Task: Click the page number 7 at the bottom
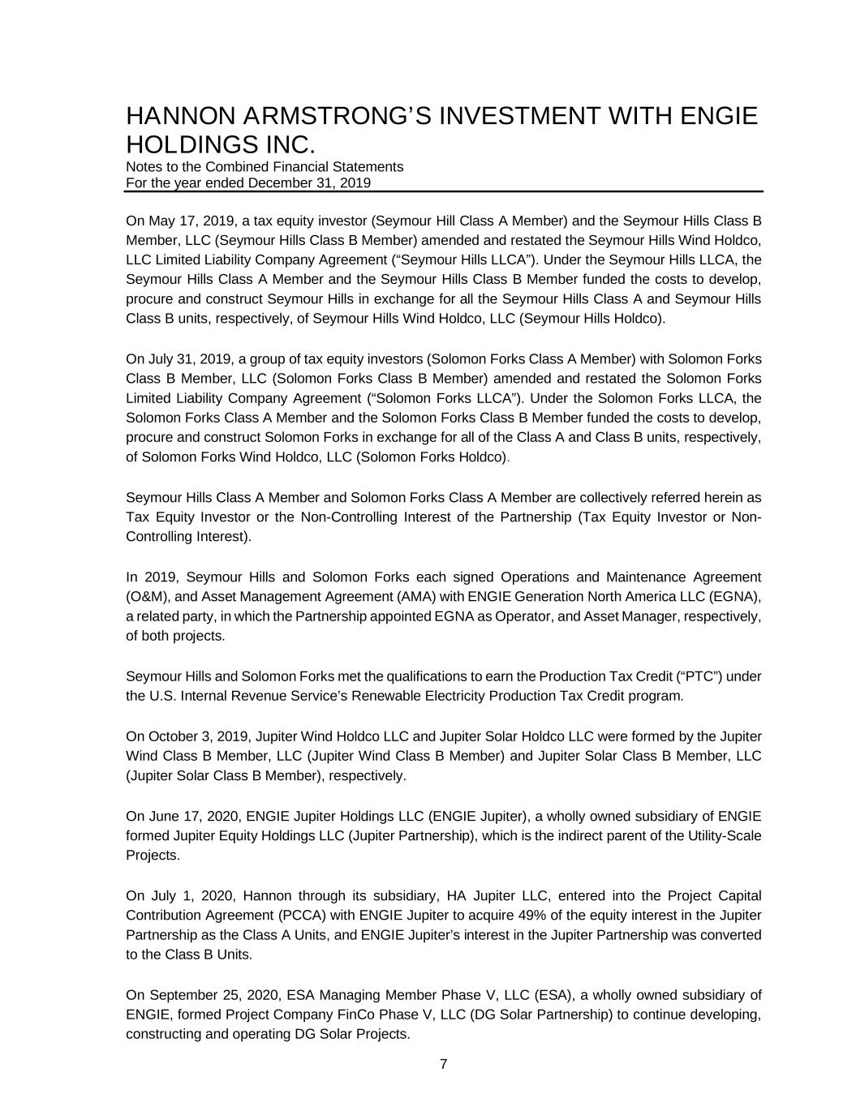[443, 1065]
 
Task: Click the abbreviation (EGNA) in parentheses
[734, 597]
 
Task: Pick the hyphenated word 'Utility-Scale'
[724, 835]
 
